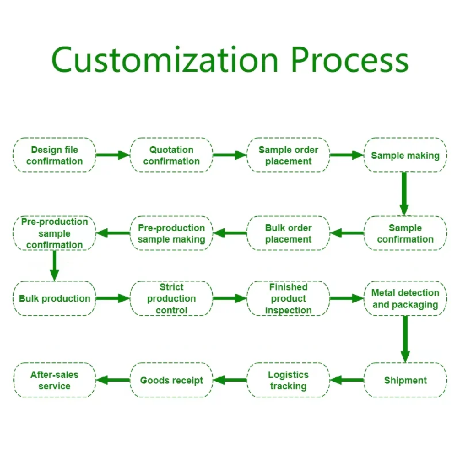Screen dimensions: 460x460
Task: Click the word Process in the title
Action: point(350,59)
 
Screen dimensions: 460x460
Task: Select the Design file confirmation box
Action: point(55,155)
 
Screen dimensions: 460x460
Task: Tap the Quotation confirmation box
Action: point(171,155)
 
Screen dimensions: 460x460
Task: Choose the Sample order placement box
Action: point(288,155)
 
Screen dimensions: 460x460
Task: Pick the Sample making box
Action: point(405,155)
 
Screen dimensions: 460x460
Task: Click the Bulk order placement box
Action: point(288,233)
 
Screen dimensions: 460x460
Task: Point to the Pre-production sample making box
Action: point(171,233)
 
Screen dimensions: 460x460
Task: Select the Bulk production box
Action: point(55,298)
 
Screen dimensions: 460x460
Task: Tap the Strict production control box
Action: point(171,298)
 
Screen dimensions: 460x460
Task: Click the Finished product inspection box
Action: point(288,298)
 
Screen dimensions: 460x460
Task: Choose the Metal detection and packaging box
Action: point(405,298)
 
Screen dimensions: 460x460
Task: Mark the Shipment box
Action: point(405,380)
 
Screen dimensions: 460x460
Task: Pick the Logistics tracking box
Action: point(288,380)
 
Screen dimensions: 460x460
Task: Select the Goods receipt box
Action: point(171,380)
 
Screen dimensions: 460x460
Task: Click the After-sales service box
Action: point(55,380)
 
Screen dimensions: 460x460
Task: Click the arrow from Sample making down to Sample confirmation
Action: point(404,194)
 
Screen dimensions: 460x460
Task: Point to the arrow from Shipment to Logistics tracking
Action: point(347,380)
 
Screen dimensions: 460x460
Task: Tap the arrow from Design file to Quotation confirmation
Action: point(112,155)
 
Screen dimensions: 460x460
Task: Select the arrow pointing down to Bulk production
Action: point(55,266)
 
